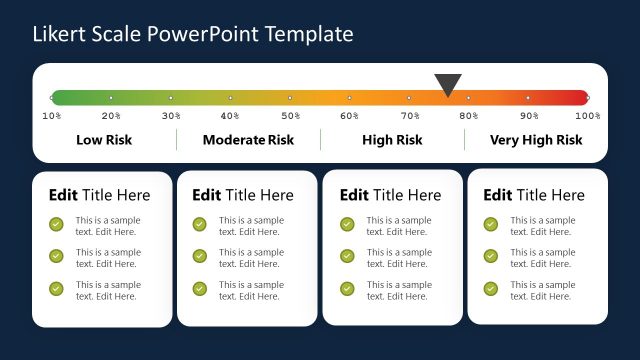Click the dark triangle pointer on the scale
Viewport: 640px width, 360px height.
(448, 84)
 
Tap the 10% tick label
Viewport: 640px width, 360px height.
(52, 116)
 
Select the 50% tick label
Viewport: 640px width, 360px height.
(290, 116)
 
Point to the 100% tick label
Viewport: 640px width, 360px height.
(588, 116)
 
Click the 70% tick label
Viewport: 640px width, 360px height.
(410, 116)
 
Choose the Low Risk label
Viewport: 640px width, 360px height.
(104, 140)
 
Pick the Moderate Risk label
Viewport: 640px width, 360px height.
(248, 140)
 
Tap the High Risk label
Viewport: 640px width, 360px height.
(392, 140)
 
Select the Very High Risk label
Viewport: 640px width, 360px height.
(536, 140)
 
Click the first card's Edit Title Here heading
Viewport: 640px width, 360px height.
(99, 195)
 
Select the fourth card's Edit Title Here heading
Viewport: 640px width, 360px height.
(534, 195)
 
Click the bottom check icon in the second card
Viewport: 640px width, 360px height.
(200, 289)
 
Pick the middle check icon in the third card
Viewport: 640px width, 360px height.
(347, 256)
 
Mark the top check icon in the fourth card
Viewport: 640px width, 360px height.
(491, 224)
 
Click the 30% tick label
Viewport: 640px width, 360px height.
(171, 116)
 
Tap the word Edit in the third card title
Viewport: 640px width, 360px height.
(354, 195)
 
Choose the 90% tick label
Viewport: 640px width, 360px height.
(529, 116)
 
